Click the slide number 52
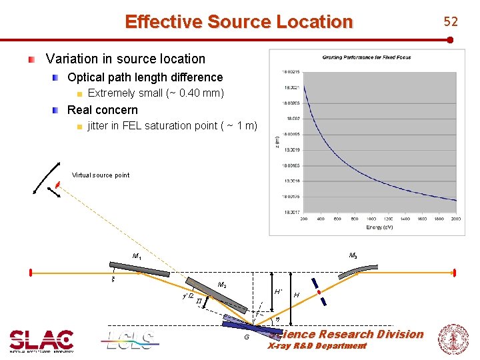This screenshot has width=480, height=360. [451, 21]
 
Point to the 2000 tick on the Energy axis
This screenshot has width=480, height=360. [456, 219]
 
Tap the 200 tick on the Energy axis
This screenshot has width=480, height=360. [303, 219]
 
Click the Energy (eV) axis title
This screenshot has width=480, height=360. [379, 227]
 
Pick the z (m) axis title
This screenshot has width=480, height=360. [277, 141]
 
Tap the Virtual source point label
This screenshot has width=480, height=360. [101, 175]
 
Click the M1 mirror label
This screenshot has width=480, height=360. [137, 257]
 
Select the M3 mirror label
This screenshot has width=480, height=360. [353, 255]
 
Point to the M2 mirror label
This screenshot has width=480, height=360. [223, 285]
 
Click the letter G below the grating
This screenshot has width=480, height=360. [247, 337]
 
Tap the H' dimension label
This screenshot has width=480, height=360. [278, 292]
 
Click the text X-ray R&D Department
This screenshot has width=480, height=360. [317, 346]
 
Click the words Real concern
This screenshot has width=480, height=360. [103, 110]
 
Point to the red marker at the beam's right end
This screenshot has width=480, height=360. [454, 273]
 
